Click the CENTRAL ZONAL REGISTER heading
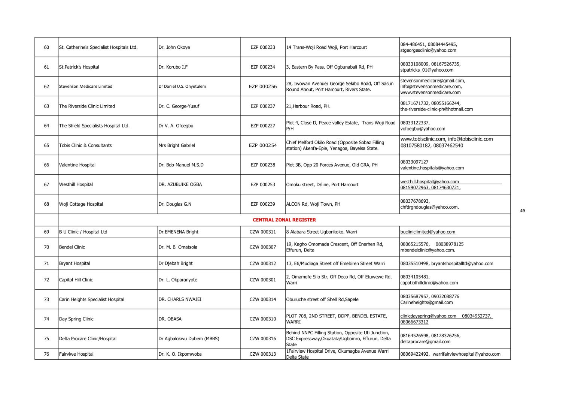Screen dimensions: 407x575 (x=284, y=220)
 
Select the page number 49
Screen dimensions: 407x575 (x=522, y=211)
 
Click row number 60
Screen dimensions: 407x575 (x=46, y=48)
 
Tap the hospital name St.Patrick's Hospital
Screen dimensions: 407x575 (x=79, y=67)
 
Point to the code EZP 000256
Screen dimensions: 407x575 (x=263, y=87)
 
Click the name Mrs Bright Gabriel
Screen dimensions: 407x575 (x=176, y=145)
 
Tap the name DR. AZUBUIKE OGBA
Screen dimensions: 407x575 (x=180, y=184)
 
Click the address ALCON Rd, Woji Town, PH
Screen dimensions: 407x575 (x=313, y=204)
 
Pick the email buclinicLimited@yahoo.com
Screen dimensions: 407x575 (x=428, y=232)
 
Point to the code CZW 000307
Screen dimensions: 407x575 (x=263, y=247)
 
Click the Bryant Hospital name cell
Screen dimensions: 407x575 (x=74, y=263)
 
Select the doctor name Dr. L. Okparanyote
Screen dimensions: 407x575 (x=177, y=280)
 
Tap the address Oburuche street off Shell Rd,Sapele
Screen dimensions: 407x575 (x=322, y=299)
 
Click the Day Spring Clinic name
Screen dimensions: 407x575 (x=76, y=319)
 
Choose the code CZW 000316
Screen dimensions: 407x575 (x=263, y=339)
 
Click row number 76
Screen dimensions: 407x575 (x=46, y=354)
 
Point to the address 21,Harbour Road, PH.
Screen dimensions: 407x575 (x=308, y=106)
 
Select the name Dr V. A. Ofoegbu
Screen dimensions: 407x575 (x=176, y=126)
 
